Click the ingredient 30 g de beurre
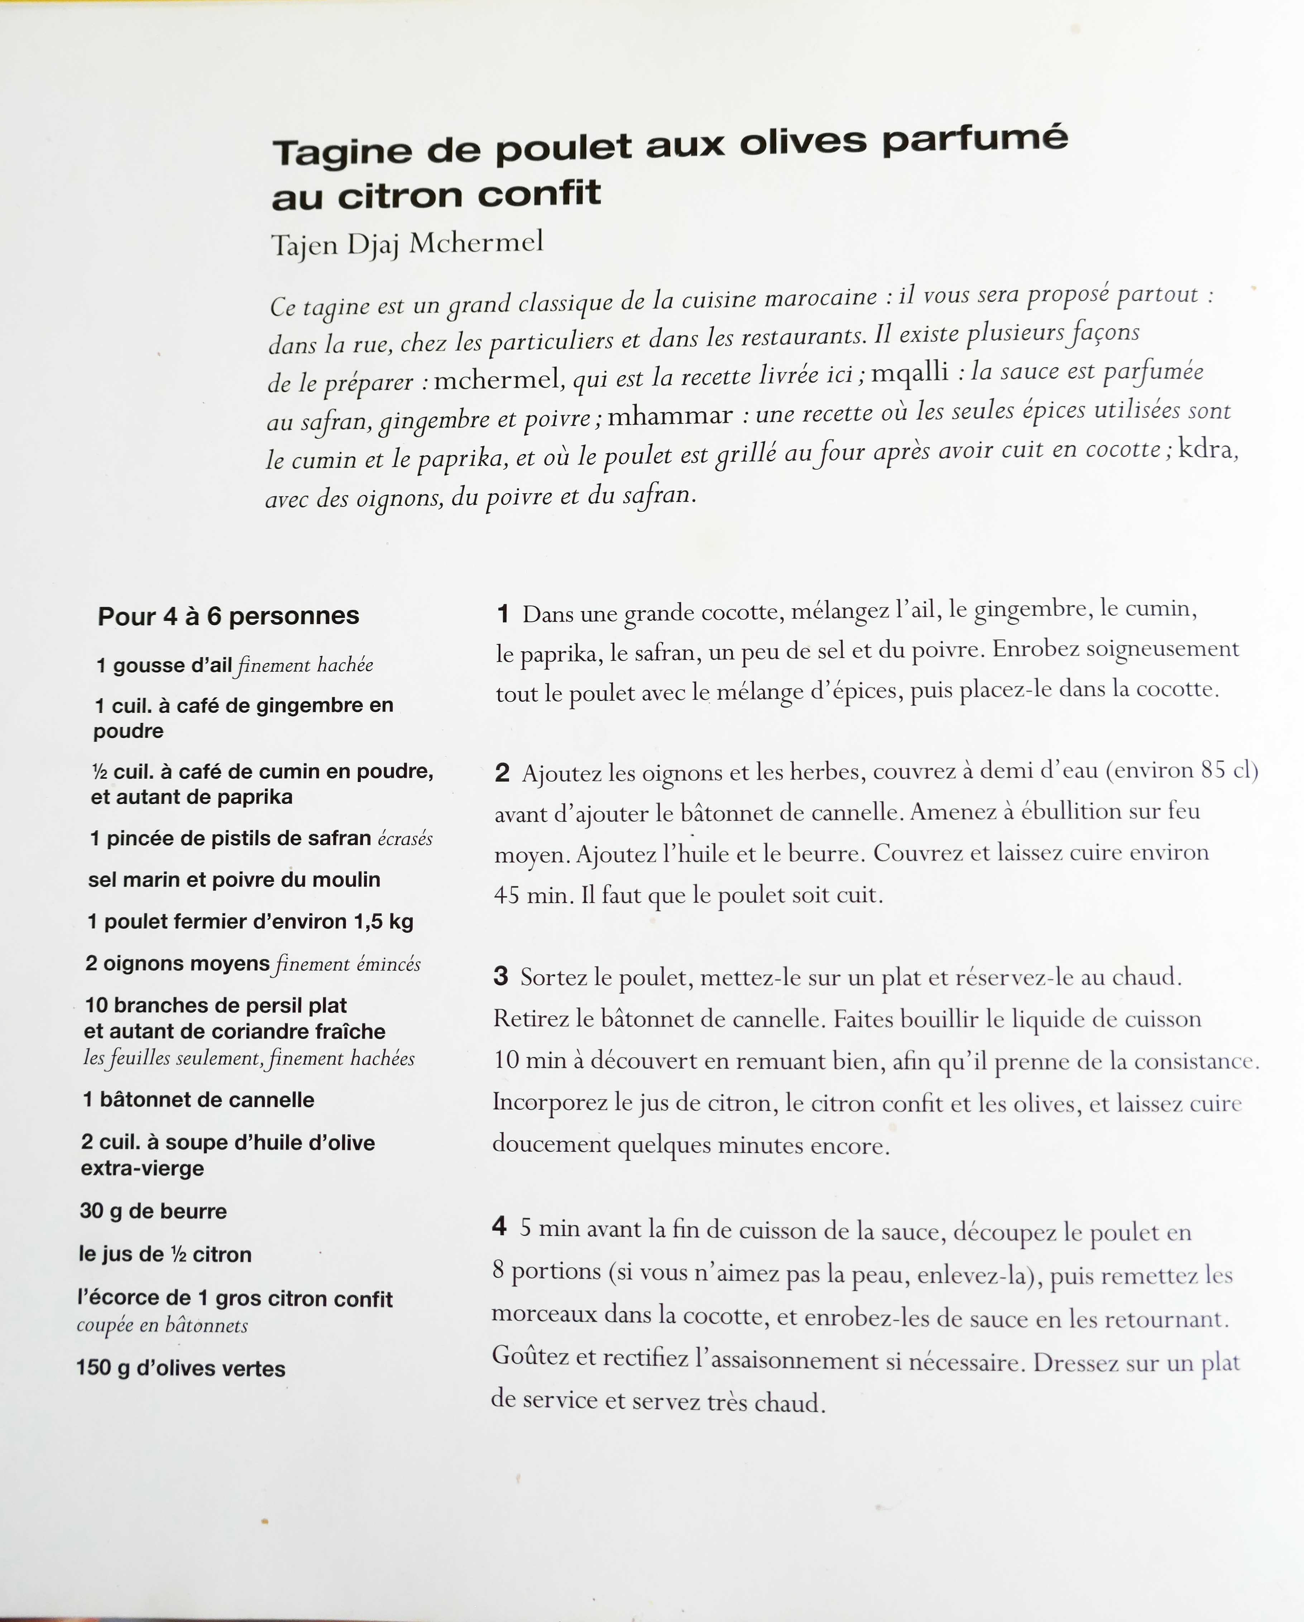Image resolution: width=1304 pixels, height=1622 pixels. click(x=153, y=1211)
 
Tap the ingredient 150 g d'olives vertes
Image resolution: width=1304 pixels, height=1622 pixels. click(x=181, y=1368)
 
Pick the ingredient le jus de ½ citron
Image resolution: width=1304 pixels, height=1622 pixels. click(x=165, y=1254)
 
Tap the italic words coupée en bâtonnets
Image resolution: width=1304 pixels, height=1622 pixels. click(x=162, y=1325)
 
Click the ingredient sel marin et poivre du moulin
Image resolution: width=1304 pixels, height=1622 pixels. click(x=234, y=879)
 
